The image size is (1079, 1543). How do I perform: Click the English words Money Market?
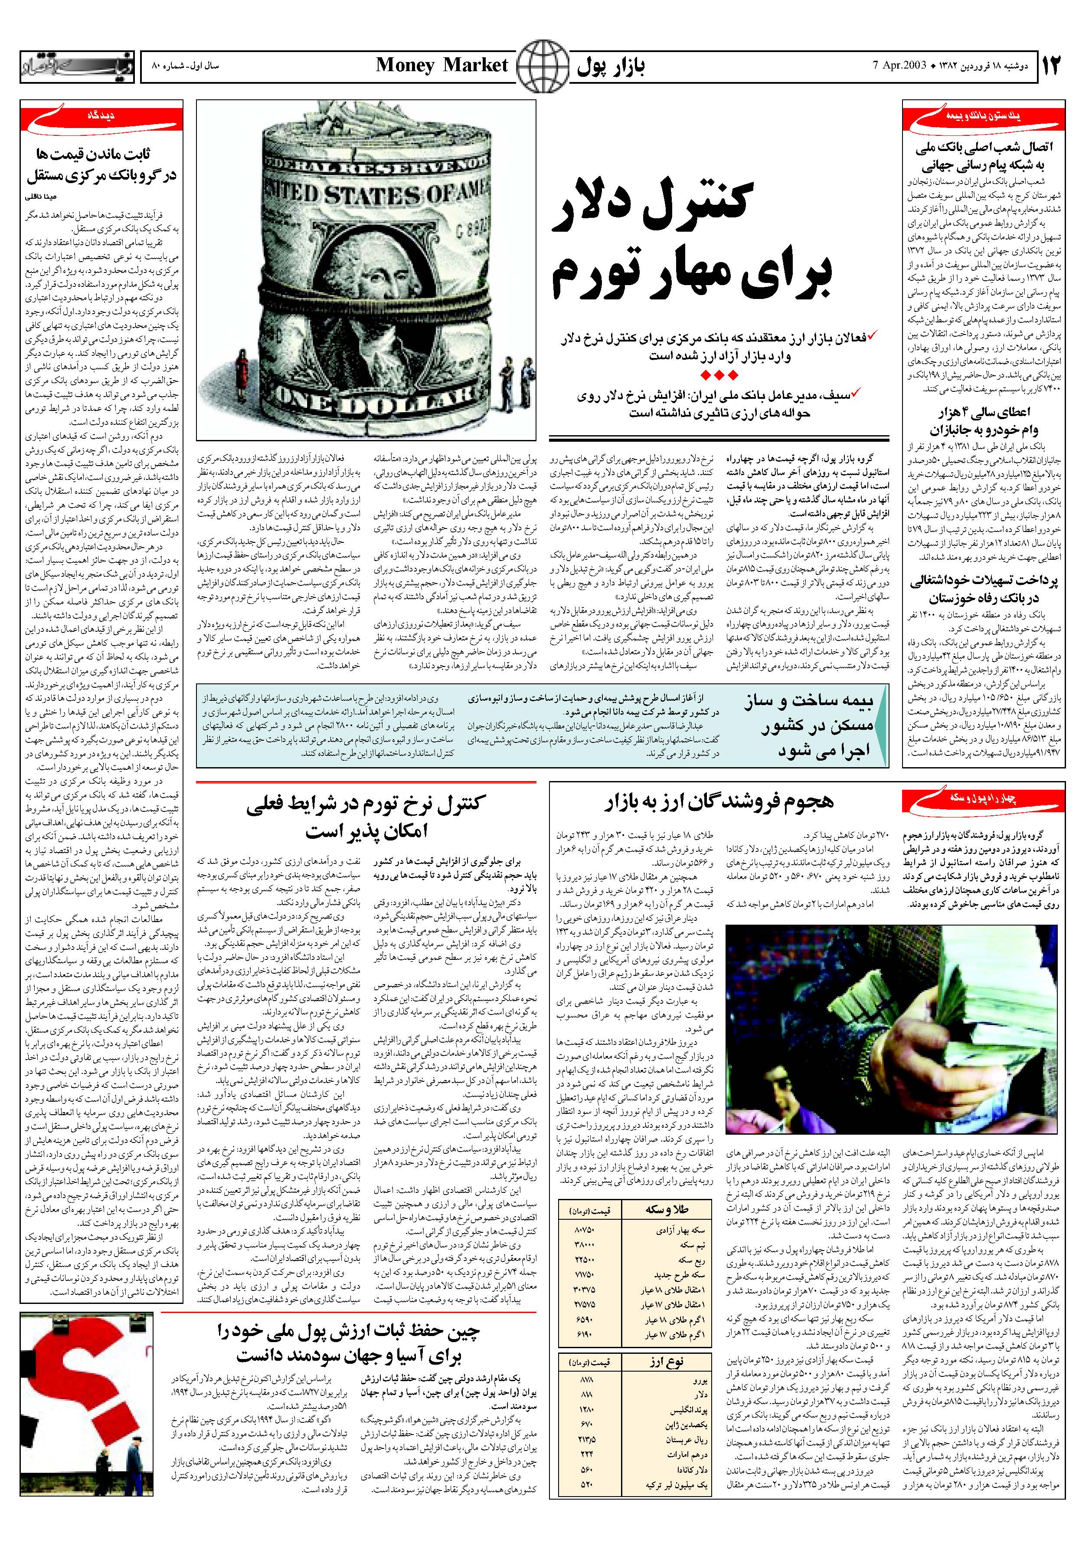(x=441, y=65)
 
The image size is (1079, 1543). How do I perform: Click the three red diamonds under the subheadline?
(x=718, y=374)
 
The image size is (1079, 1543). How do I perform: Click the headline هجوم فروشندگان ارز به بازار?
(x=722, y=802)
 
